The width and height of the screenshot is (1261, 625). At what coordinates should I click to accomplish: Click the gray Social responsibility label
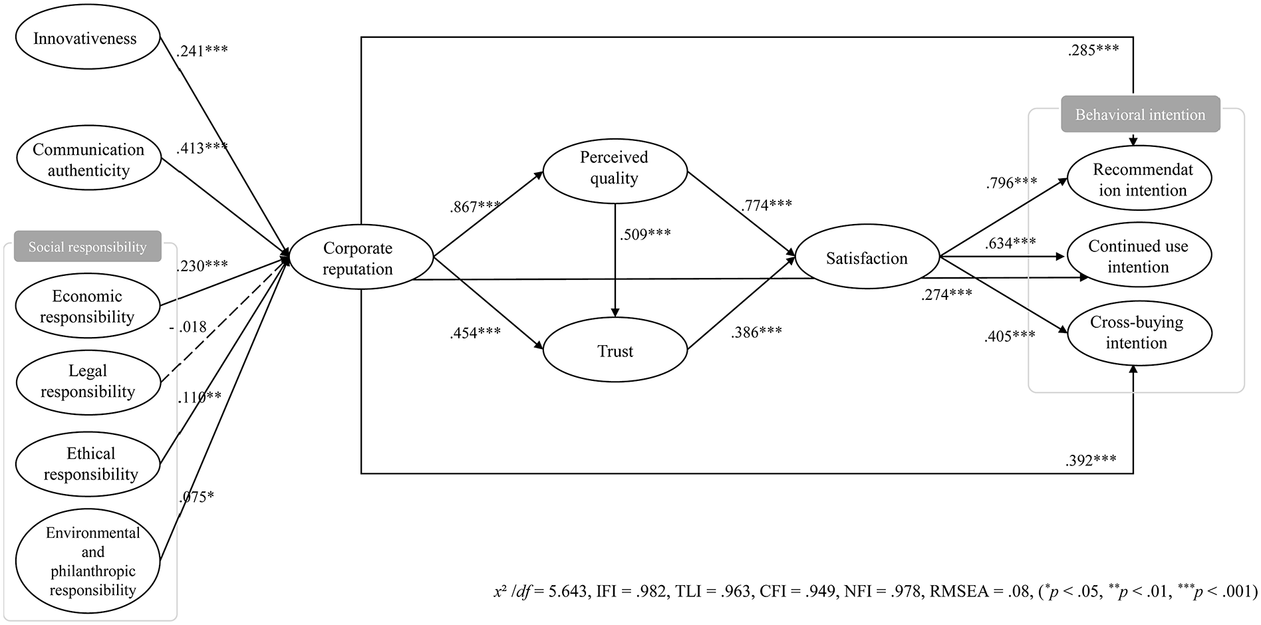click(x=87, y=246)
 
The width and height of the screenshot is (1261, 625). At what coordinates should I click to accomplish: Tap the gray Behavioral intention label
click(x=1140, y=114)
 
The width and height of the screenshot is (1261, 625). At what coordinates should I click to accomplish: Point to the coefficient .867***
click(x=475, y=207)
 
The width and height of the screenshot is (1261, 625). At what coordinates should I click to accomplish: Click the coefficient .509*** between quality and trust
click(x=645, y=234)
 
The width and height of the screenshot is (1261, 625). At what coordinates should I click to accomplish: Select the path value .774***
click(x=766, y=205)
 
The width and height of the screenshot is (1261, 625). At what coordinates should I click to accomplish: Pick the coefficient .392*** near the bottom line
click(x=1091, y=460)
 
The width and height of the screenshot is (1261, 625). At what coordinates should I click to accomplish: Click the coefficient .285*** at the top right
click(x=1093, y=50)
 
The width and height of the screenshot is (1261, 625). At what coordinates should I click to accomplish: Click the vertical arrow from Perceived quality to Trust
click(x=615, y=260)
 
